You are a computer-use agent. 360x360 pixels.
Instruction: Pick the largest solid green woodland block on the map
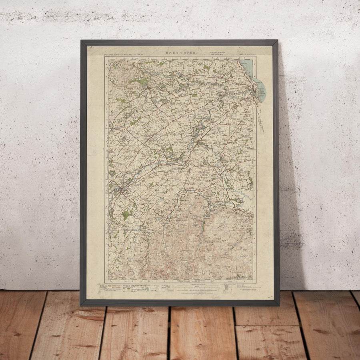[126, 215]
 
